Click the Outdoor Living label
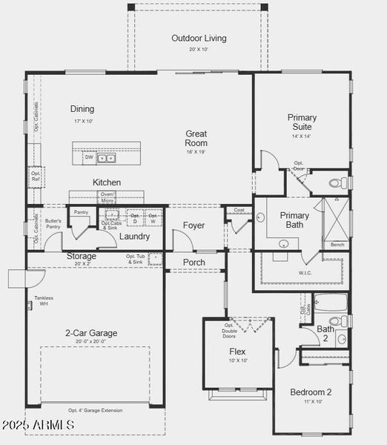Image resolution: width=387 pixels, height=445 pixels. [199, 39]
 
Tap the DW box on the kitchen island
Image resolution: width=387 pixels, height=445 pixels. [89, 157]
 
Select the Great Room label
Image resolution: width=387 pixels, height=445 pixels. [196, 139]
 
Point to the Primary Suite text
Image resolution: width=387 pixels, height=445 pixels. [302, 122]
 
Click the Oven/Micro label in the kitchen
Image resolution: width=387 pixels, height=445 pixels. [107, 197]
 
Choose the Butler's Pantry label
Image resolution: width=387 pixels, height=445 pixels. [53, 224]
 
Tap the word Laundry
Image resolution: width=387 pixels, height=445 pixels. [135, 237]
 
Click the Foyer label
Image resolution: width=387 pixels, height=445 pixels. [194, 225]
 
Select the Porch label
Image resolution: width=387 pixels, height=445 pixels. [194, 263]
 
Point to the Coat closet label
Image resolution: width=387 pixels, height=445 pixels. [238, 210]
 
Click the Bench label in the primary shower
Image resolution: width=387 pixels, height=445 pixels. [337, 245]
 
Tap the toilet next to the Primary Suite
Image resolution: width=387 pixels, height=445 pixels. [336, 182]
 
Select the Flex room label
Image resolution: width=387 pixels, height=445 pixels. [237, 352]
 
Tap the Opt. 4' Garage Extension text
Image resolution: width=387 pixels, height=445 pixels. [96, 410]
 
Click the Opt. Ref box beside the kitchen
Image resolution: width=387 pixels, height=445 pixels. [36, 177]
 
